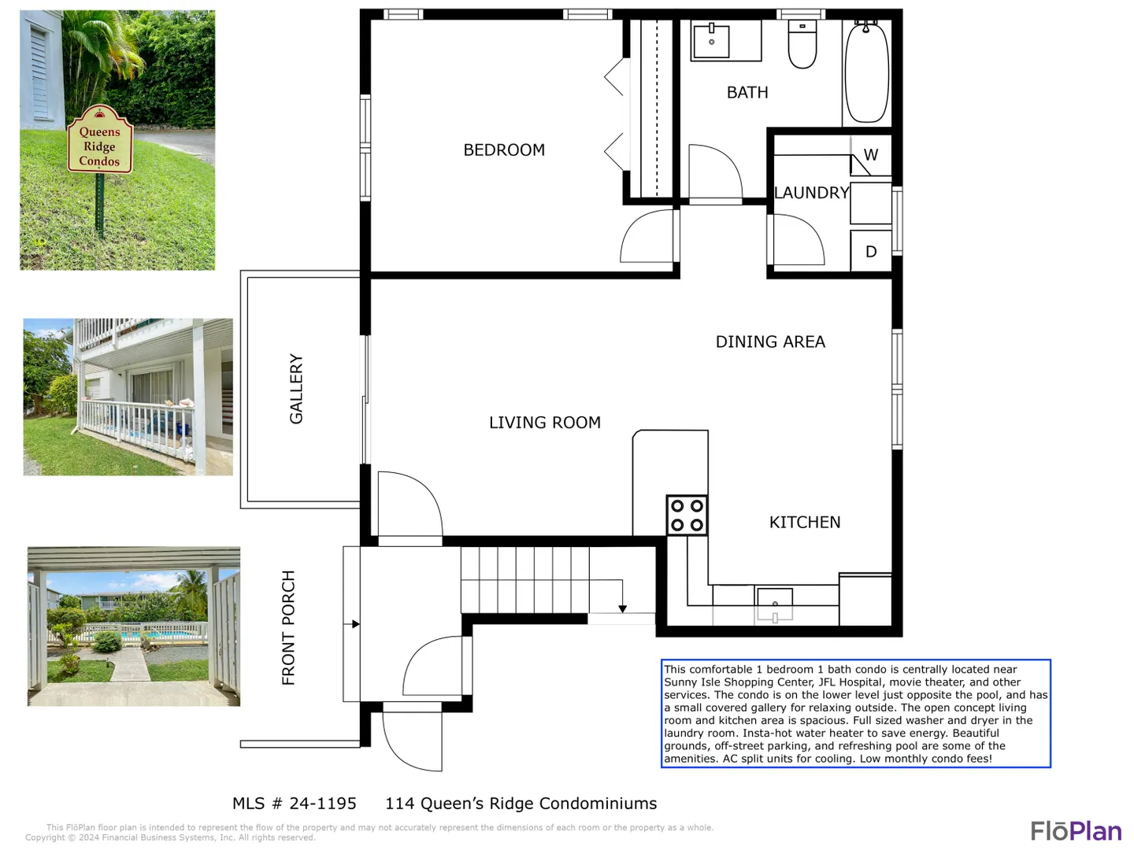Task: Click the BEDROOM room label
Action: (504, 150)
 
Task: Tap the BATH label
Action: (747, 92)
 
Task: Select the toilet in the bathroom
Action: (802, 44)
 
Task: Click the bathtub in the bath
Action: (866, 72)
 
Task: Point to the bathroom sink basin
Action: (711, 40)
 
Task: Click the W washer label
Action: (870, 154)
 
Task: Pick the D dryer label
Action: (871, 251)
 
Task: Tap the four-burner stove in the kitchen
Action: (687, 515)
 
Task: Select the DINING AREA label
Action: (770, 342)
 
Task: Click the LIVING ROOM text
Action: (544, 423)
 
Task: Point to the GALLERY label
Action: (296, 389)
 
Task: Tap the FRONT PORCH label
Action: (287, 627)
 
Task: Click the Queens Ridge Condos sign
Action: (100, 139)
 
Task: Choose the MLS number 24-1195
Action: (295, 804)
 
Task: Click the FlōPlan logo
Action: (1077, 831)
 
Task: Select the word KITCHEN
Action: (804, 523)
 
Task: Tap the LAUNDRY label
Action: (812, 193)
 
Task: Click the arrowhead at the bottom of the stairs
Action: (622, 609)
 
